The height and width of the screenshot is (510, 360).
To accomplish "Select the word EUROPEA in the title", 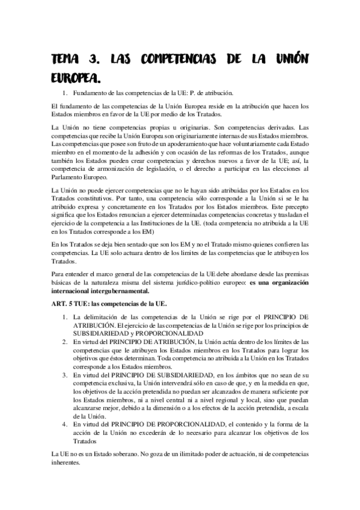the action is point(74,78).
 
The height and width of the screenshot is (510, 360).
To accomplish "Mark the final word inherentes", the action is point(67,463).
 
